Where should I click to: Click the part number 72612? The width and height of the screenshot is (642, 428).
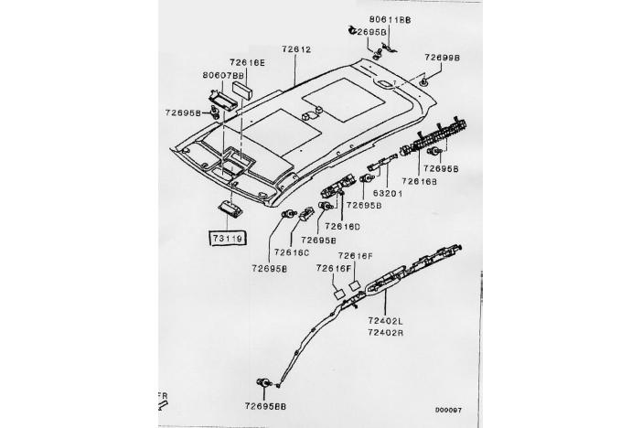tap(295, 49)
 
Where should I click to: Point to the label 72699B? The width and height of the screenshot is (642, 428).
tap(442, 57)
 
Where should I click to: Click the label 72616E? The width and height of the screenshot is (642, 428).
tap(246, 63)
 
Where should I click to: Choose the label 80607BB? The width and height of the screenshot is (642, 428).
tap(222, 76)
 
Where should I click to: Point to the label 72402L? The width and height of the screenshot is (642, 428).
tap(385, 321)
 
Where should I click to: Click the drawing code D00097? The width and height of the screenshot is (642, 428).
tap(447, 409)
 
